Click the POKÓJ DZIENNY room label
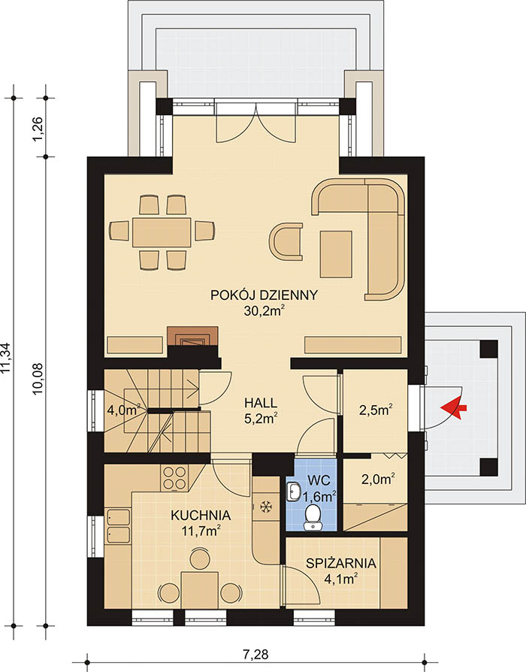coord(264,295)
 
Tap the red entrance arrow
coord(454,408)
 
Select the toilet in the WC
coord(313,518)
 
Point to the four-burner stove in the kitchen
coord(175,478)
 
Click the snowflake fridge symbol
coord(266,507)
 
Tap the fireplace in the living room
coord(192,337)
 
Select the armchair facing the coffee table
coord(286,241)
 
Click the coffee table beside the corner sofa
coord(336,254)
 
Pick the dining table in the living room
coord(162,232)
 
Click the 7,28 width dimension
coord(255,655)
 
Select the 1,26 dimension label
coord(38,128)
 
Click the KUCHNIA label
coord(201,515)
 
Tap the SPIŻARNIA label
coord(341,563)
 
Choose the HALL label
coord(261,403)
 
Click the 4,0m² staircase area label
coord(124,410)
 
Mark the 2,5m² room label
coord(376,410)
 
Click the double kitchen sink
coord(118,526)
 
